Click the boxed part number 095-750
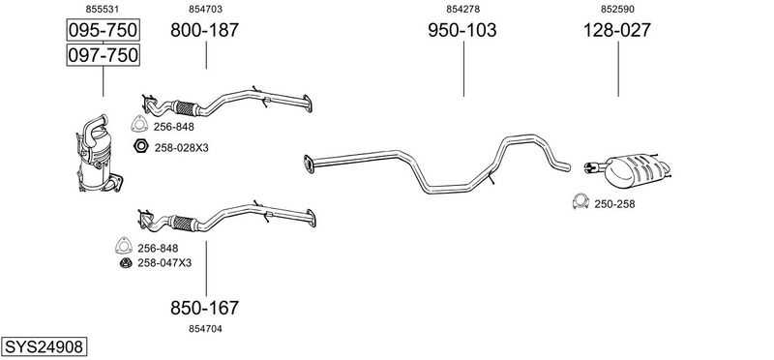coord(103,30)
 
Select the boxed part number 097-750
coord(103,54)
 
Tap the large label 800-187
coord(204,30)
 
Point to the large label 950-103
coord(462,30)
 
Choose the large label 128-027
coord(617,30)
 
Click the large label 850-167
coord(204,308)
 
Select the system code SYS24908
coord(44,346)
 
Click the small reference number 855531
coord(103,9)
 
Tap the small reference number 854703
coord(205,9)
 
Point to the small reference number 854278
coord(463,9)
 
